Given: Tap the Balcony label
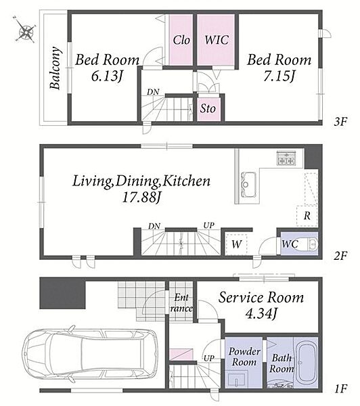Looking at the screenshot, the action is click(x=55, y=68).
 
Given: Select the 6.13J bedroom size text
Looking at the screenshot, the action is click(x=106, y=76).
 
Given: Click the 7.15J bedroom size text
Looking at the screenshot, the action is click(x=279, y=76).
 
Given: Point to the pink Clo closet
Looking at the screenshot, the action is click(x=181, y=40).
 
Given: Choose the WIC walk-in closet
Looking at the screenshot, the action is click(x=217, y=40).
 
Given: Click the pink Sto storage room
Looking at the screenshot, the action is click(x=208, y=109).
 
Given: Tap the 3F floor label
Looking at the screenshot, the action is click(x=340, y=121).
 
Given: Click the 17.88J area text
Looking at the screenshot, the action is click(x=141, y=198).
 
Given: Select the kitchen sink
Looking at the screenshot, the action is click(x=248, y=185).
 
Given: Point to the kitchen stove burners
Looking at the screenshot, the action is click(x=286, y=158).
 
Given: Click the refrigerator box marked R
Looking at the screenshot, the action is click(x=307, y=215).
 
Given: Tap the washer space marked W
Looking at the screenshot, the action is click(x=236, y=244).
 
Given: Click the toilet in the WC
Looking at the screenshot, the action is click(x=310, y=244).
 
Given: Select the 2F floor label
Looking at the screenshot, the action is click(x=340, y=256).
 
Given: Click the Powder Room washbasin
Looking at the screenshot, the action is click(x=238, y=380).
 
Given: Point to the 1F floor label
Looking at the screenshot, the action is click(x=340, y=388).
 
